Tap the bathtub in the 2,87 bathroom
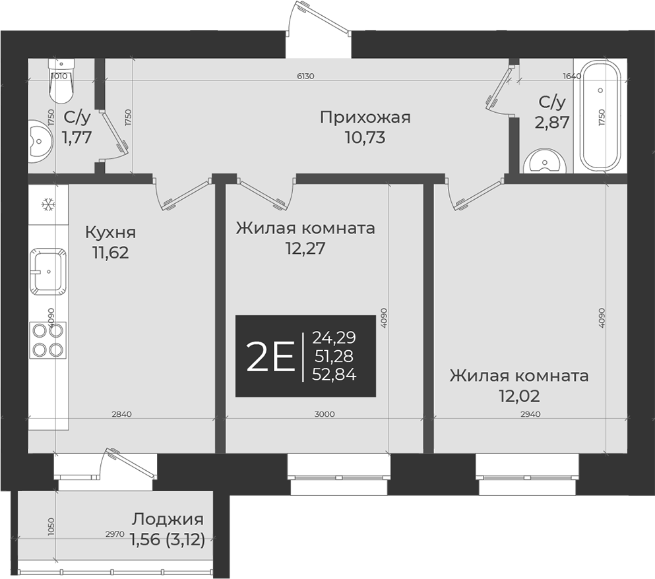click(600, 117)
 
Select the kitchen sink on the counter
click(47, 270)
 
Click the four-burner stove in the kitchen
click(47, 340)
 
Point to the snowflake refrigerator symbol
click(47, 205)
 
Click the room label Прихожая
click(365, 117)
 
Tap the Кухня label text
click(110, 232)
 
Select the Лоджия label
click(168, 519)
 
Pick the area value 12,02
click(518, 396)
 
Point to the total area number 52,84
click(334, 375)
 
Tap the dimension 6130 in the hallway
click(305, 76)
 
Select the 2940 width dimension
click(530, 414)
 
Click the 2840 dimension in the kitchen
click(121, 414)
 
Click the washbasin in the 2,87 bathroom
click(546, 161)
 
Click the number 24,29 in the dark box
click(334, 338)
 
